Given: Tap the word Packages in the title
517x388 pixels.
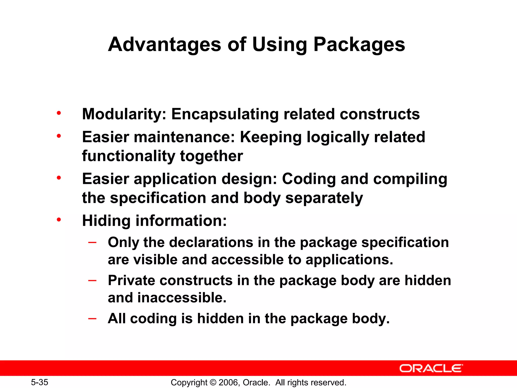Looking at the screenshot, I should [x=359, y=45].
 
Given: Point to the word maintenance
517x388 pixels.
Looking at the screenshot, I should [x=184, y=137].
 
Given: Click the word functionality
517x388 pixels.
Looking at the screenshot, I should [x=128, y=156].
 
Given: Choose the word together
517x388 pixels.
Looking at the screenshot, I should [x=211, y=156].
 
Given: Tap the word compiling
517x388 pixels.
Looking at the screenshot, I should [x=410, y=179].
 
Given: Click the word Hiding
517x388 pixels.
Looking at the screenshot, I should [x=106, y=221].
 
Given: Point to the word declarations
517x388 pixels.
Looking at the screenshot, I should [x=211, y=243].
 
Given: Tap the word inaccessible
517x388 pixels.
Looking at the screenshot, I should [x=182, y=298].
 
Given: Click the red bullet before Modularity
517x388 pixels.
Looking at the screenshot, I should [x=59, y=113].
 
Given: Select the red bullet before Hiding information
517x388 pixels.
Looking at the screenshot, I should [x=59, y=220].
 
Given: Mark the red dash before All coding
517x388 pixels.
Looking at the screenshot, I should [x=92, y=318].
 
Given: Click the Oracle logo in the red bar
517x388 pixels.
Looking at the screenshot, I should [x=431, y=368].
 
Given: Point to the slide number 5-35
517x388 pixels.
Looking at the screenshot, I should [x=39, y=382].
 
